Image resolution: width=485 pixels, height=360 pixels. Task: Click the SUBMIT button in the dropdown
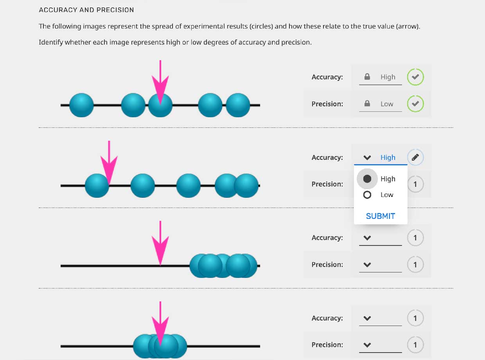[x=380, y=216]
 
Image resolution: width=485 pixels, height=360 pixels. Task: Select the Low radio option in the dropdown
[x=367, y=195]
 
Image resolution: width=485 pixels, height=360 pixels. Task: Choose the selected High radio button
[x=367, y=179]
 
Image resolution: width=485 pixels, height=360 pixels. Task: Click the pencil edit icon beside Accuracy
[x=415, y=158]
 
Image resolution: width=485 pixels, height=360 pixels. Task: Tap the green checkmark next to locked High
[x=415, y=77]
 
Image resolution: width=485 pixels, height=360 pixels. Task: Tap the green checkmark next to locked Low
[x=415, y=104]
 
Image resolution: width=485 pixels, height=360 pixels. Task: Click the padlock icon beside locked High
[x=367, y=77]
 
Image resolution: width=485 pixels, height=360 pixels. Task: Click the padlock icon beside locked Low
[x=367, y=104]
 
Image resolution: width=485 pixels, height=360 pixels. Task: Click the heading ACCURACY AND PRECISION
[x=86, y=10]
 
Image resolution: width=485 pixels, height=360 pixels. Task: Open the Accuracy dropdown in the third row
[x=380, y=238]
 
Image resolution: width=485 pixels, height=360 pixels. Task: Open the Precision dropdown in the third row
[x=380, y=265]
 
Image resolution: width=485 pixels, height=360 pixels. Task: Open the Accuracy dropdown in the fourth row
[x=380, y=318]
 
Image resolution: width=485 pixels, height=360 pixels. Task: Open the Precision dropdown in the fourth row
[x=380, y=345]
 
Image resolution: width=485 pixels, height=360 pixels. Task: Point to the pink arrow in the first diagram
[x=160, y=84]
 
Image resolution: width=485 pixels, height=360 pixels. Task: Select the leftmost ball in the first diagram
[x=81, y=105]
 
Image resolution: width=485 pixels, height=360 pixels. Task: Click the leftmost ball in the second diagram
[x=96, y=186]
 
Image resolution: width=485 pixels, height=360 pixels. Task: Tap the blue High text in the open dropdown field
[x=388, y=158]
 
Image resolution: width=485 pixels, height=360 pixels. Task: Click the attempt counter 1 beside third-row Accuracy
[x=415, y=238]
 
